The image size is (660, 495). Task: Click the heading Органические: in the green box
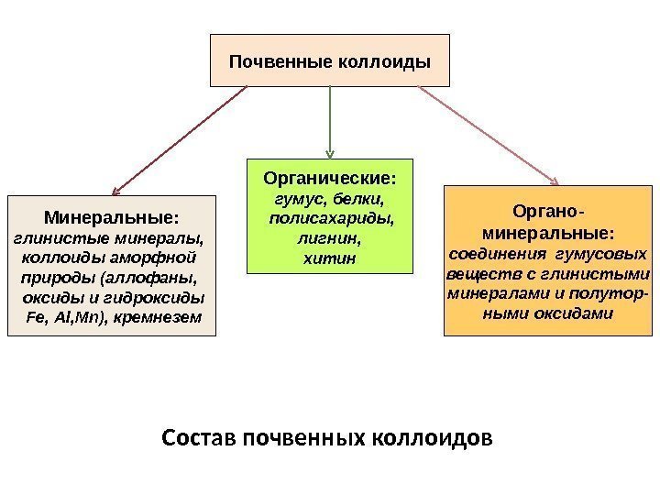click(x=331, y=176)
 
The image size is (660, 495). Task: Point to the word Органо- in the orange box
click(x=549, y=211)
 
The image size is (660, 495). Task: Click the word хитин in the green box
click(x=327, y=258)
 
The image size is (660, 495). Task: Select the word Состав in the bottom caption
click(x=198, y=434)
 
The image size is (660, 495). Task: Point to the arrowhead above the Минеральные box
click(x=115, y=190)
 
